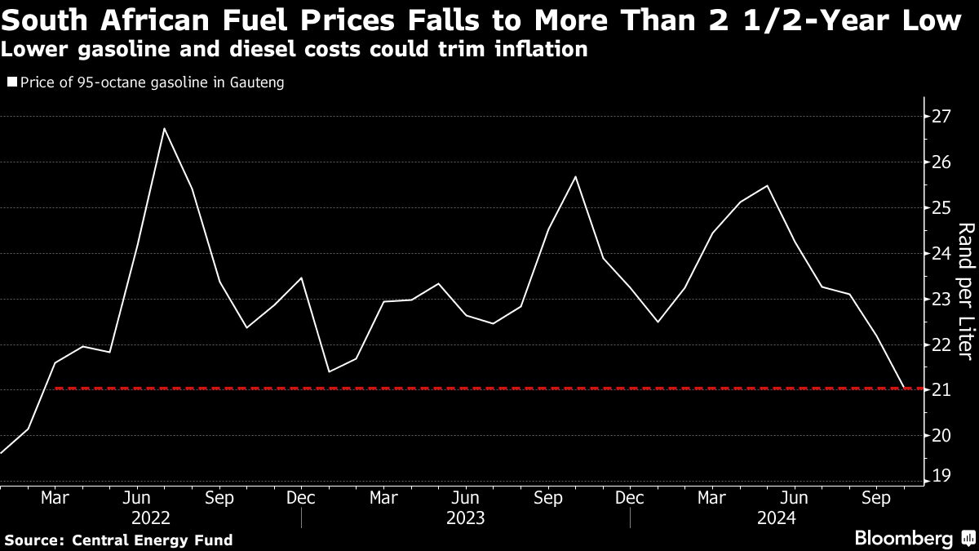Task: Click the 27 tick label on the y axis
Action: [941, 116]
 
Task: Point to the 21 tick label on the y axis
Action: [941, 389]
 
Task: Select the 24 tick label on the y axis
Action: [941, 253]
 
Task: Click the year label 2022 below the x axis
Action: [151, 518]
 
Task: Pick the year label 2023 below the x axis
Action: [466, 518]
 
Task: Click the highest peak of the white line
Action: [164, 128]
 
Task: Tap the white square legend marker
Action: [11, 82]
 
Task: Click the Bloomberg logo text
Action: [903, 538]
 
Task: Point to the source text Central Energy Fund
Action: [153, 540]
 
